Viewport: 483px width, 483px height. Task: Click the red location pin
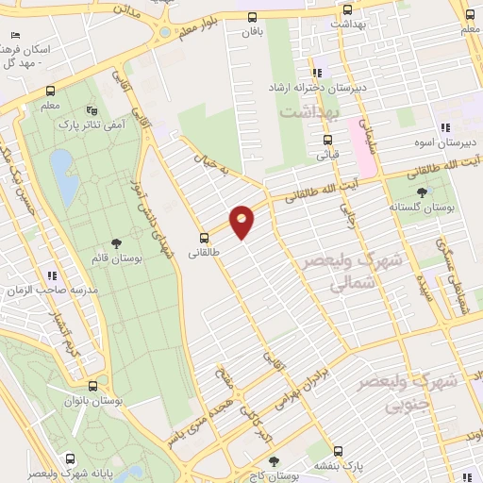[242, 222]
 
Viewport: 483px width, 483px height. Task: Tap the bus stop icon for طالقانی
[204, 237]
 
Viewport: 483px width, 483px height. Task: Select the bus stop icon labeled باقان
[251, 17]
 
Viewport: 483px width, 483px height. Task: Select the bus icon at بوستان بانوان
[92, 387]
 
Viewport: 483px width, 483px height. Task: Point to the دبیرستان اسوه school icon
[443, 129]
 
